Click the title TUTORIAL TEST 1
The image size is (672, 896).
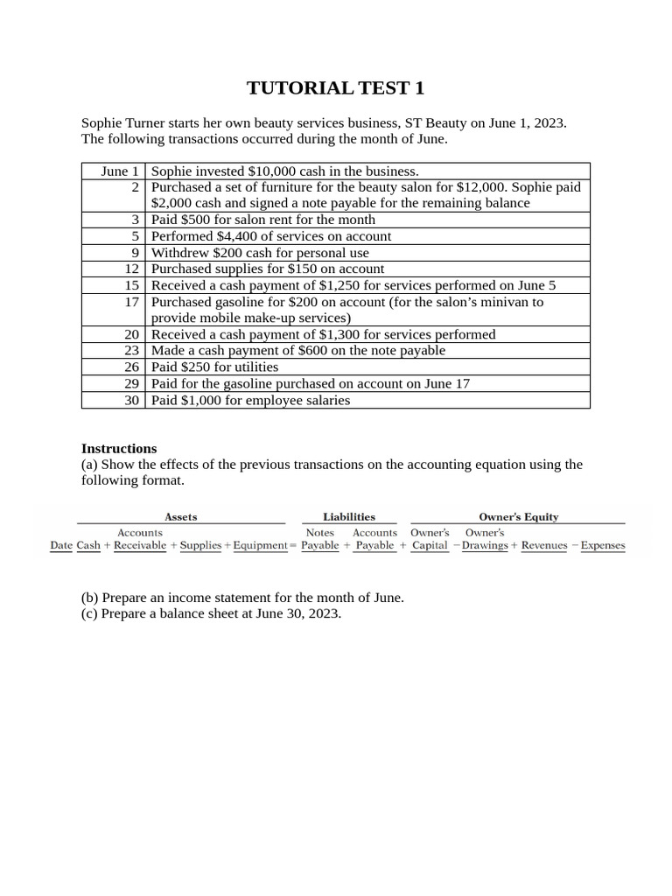pos(335,88)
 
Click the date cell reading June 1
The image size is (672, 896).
pos(120,171)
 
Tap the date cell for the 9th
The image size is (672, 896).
pos(136,253)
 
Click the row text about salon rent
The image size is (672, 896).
pos(262,220)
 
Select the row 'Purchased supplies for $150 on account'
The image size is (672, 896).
pos(267,269)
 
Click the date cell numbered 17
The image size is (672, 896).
pos(132,302)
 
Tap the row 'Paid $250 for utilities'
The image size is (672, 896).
pos(214,367)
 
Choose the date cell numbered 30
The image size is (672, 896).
pos(132,400)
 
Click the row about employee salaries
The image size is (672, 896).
pos(250,400)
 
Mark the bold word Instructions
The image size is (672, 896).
pos(119,449)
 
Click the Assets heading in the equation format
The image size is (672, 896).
pos(181,517)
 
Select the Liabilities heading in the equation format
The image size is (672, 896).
pos(349,517)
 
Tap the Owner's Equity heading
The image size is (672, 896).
pos(518,517)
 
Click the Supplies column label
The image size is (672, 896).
pos(200,546)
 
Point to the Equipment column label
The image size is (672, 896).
pos(260,546)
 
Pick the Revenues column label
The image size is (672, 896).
pos(544,546)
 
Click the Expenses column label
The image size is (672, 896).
pos(603,546)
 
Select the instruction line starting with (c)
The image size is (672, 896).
pos(211,613)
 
